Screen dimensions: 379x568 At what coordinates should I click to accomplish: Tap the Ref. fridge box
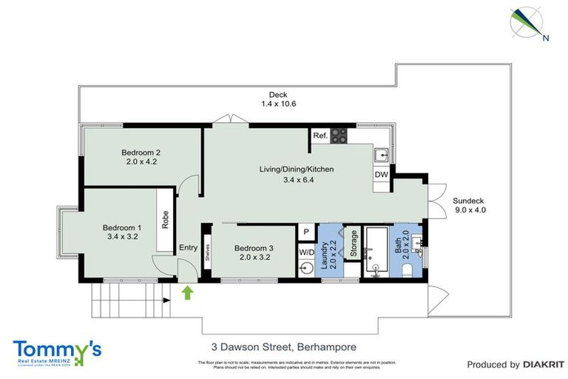pos(320,136)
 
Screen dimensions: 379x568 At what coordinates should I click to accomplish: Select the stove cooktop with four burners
pos(339,135)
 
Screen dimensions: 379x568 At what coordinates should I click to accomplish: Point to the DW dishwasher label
pos(382,175)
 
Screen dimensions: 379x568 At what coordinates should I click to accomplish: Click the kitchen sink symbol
pos(382,155)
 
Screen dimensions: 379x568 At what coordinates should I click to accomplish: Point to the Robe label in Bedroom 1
pos(164,219)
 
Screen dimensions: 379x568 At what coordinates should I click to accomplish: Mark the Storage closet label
pos(354,244)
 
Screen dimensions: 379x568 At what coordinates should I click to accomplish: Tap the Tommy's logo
pos(57,350)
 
